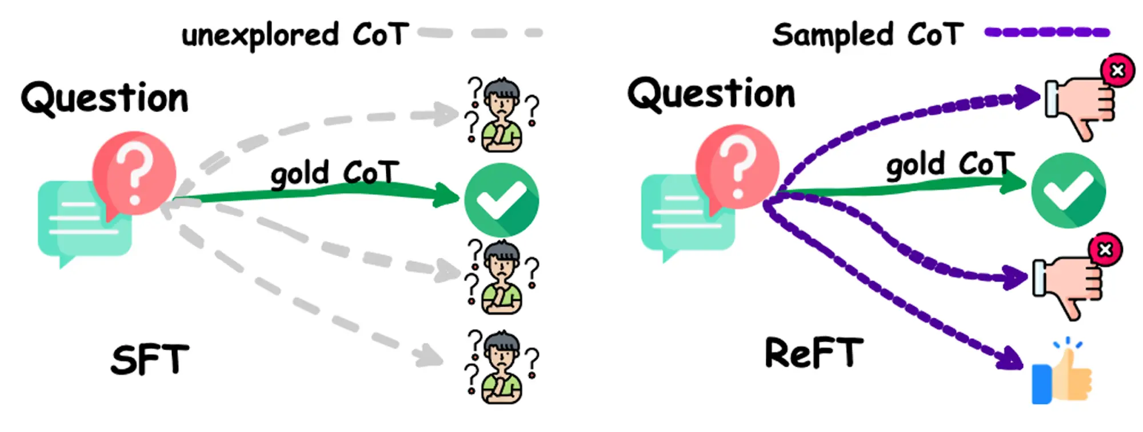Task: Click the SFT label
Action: click(x=150, y=360)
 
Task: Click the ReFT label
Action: click(x=814, y=353)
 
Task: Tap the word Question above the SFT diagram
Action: click(x=105, y=98)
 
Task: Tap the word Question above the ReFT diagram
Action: click(x=712, y=94)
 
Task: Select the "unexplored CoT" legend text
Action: click(x=295, y=35)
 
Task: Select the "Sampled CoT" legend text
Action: click(x=868, y=35)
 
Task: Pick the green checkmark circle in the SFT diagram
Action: click(x=501, y=199)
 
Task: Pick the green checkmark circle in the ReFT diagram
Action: click(x=1068, y=190)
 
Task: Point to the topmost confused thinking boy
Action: click(x=502, y=115)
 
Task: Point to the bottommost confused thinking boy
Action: click(x=502, y=367)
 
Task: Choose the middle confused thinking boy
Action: click(x=502, y=278)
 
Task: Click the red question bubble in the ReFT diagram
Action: click(x=737, y=166)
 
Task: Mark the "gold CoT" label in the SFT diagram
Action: click(x=334, y=173)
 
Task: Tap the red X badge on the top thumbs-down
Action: click(x=1117, y=70)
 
